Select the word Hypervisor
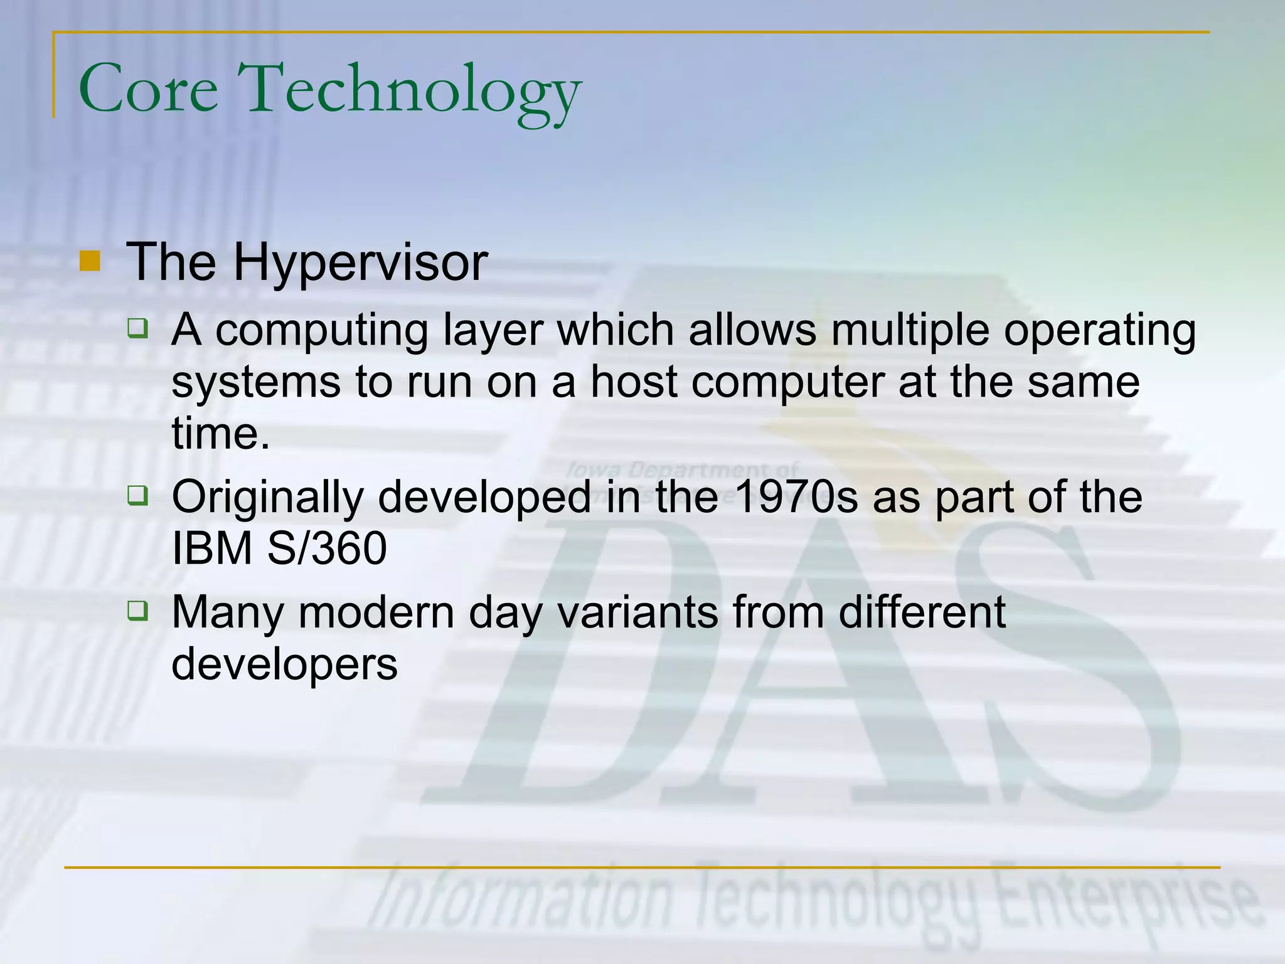click(x=360, y=262)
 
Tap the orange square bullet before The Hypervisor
click(x=90, y=261)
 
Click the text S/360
click(x=326, y=549)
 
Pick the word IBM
click(x=211, y=549)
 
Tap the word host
click(x=634, y=382)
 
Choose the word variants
click(x=637, y=612)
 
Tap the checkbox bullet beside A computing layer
click(x=137, y=328)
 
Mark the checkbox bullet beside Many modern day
click(x=137, y=610)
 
